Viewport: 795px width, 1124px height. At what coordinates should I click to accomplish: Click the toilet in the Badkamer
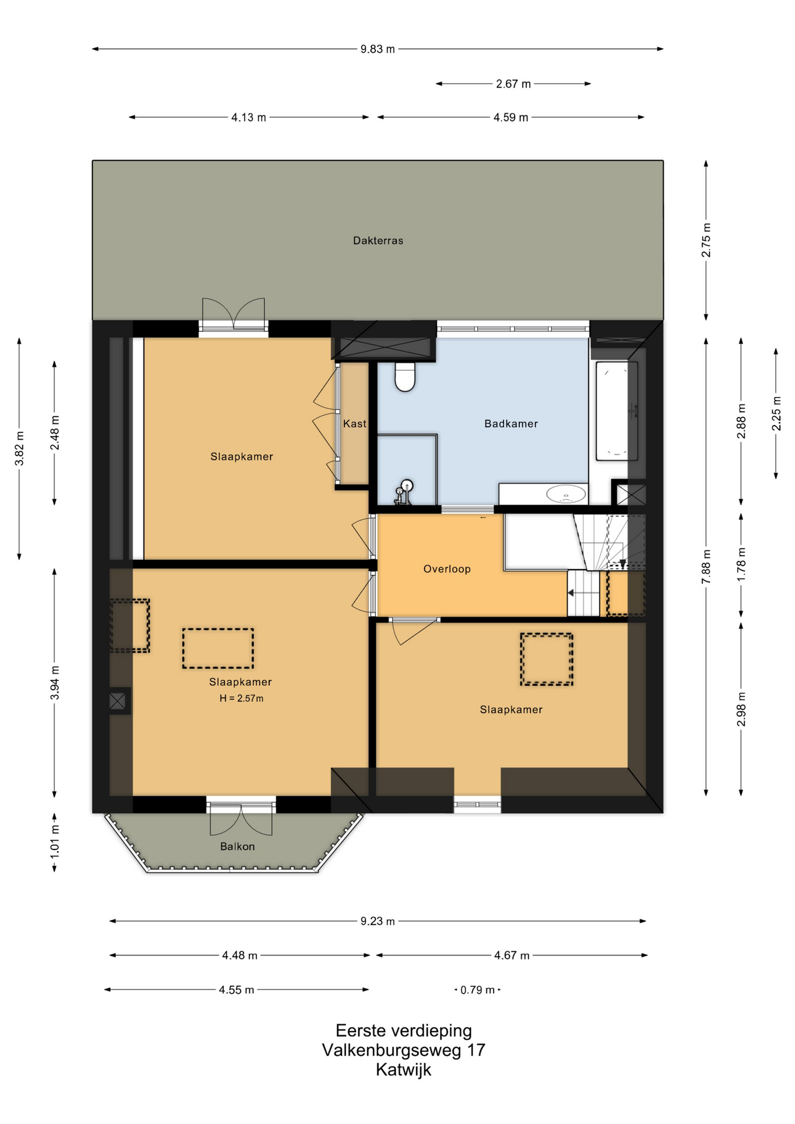(x=405, y=376)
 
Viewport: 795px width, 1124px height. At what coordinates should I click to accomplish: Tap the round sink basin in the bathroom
(x=566, y=494)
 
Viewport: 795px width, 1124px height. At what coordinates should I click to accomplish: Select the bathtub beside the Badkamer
(x=616, y=411)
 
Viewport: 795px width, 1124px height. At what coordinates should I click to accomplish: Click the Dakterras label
(x=378, y=241)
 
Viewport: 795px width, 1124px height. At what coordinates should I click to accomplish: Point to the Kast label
(x=355, y=424)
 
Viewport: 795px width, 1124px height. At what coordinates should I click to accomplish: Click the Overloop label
(x=447, y=569)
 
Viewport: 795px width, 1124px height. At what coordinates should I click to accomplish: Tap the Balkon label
(x=238, y=847)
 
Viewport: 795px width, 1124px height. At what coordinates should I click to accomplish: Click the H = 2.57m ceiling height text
(x=242, y=698)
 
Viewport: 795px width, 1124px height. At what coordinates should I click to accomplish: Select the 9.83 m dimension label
(x=378, y=49)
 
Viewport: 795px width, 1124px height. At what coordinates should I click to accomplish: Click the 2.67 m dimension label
(x=513, y=84)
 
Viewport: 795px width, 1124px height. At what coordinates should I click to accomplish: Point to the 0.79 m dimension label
(x=478, y=990)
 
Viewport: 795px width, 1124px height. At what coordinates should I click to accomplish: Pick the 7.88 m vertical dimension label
(x=707, y=566)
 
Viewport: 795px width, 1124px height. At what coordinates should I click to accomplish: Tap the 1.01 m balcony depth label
(x=54, y=842)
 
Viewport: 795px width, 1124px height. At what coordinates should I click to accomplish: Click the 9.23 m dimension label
(x=378, y=921)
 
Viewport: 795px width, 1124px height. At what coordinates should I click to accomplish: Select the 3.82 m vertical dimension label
(x=19, y=448)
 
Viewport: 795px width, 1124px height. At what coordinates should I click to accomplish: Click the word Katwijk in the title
(x=404, y=1070)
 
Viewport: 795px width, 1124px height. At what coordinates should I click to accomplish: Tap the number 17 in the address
(x=476, y=1050)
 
